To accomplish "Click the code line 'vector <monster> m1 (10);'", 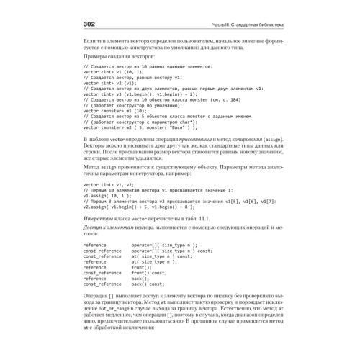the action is (x=115, y=111).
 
